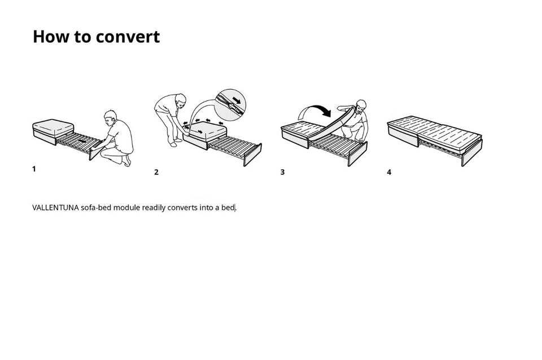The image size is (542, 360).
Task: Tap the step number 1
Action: coord(34,169)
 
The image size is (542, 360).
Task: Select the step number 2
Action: coord(156,172)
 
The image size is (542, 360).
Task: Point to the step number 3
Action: coord(282,172)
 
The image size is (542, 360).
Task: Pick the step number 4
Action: coord(389,172)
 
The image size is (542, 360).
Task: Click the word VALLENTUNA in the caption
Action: coord(55,208)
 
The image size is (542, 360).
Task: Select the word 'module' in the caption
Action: coord(126,208)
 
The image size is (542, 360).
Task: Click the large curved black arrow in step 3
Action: coord(315,110)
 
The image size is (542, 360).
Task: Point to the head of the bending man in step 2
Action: coord(181,100)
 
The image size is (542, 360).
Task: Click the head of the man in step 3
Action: coord(361,106)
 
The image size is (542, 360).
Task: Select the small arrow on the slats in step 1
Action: coord(82,141)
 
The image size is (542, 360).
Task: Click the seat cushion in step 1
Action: coord(53,128)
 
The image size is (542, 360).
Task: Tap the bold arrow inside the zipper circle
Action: coord(237,100)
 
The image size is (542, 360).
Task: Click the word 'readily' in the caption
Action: coord(154,208)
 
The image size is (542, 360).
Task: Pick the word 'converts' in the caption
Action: coord(182,208)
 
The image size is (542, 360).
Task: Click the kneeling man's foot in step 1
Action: coord(127,161)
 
